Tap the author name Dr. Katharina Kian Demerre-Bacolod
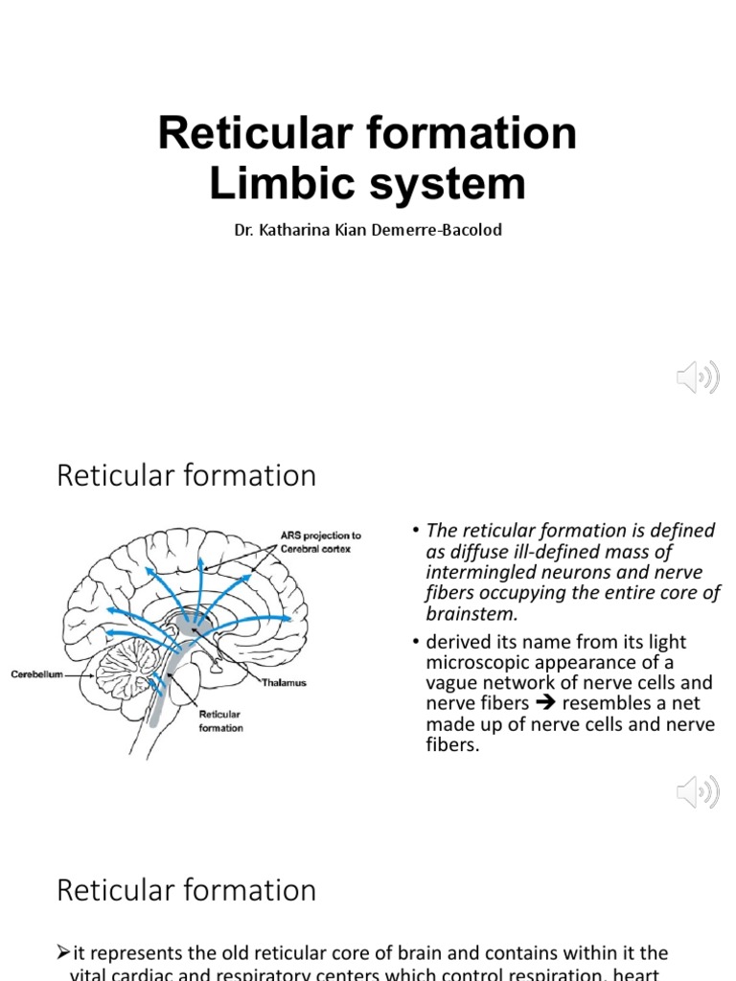(368, 231)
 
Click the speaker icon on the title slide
(697, 378)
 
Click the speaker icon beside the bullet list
(697, 792)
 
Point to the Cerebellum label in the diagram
(37, 674)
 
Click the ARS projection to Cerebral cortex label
(320, 542)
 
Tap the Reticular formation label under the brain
(220, 720)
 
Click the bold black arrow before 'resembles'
(545, 703)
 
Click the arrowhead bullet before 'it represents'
(63, 953)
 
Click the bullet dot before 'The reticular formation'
(415, 531)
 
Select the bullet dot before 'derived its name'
(415, 642)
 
